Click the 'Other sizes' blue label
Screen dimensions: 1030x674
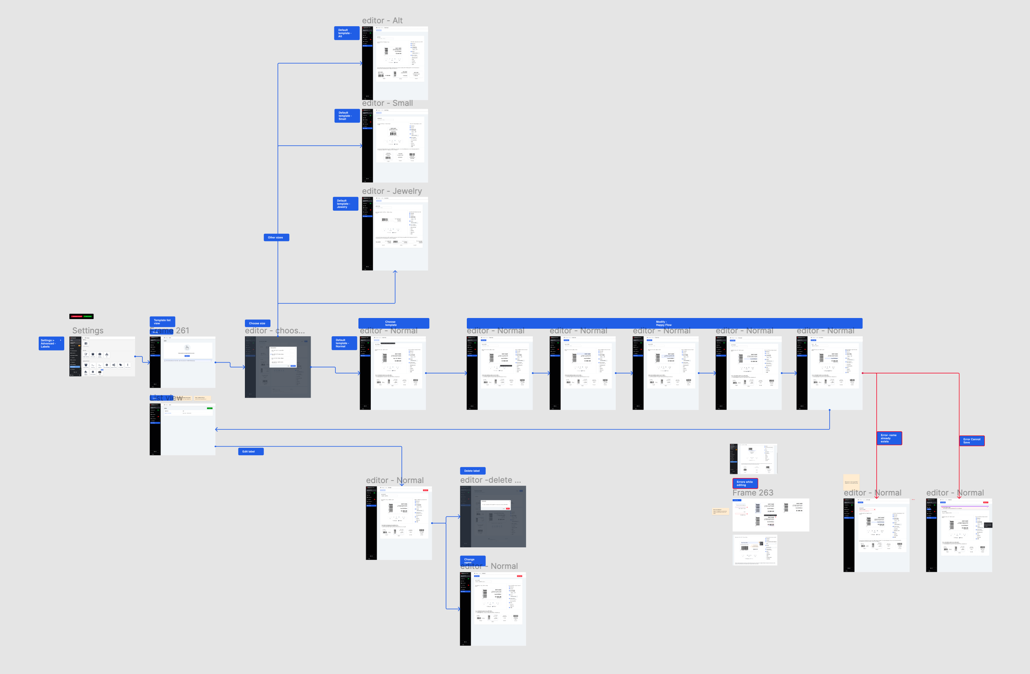pos(276,237)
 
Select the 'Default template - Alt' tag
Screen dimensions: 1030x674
pos(346,33)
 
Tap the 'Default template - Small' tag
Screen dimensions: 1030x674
pos(346,115)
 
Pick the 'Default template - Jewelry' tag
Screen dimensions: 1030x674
pos(345,204)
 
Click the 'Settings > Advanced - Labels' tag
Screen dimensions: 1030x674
pos(51,343)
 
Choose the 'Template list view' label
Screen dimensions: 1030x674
pos(162,321)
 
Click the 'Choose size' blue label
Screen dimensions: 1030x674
pos(257,323)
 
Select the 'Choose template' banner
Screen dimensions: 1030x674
pos(393,323)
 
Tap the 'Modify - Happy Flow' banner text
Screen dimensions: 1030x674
pos(664,323)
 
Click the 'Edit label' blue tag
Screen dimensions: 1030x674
pos(250,451)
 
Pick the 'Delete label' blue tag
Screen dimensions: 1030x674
pos(472,470)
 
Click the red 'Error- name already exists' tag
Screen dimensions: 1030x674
pos(889,438)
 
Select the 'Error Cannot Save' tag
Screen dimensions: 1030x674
pos(971,441)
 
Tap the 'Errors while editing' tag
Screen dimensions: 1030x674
pos(745,483)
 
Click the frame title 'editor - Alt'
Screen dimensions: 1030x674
pos(382,20)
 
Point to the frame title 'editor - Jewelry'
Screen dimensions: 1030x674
pos(392,191)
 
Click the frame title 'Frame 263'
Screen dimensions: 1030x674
pos(753,493)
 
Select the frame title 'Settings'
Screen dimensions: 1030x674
pos(88,330)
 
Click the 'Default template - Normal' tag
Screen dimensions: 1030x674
pos(344,343)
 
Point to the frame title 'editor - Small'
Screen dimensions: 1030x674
pos(387,103)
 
